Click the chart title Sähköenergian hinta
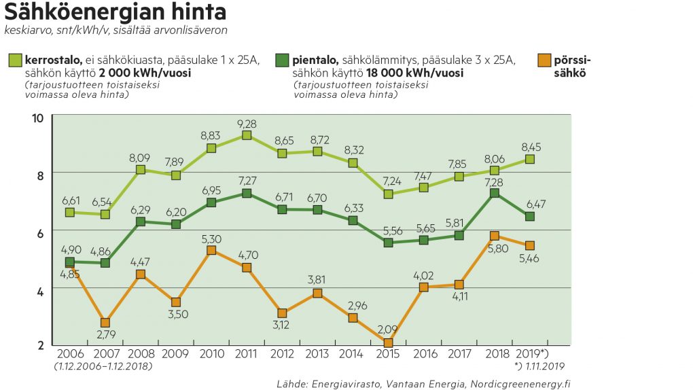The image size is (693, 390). (116, 12)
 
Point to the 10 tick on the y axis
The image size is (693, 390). (37, 118)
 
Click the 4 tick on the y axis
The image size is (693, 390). (39, 291)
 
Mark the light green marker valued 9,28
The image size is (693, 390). (247, 135)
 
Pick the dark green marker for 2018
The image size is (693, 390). (495, 193)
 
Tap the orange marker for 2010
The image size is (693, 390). (211, 250)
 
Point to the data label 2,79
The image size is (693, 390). (106, 335)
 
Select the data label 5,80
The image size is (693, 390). (495, 249)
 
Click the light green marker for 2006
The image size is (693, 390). (70, 212)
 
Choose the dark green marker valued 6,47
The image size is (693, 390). (530, 216)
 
